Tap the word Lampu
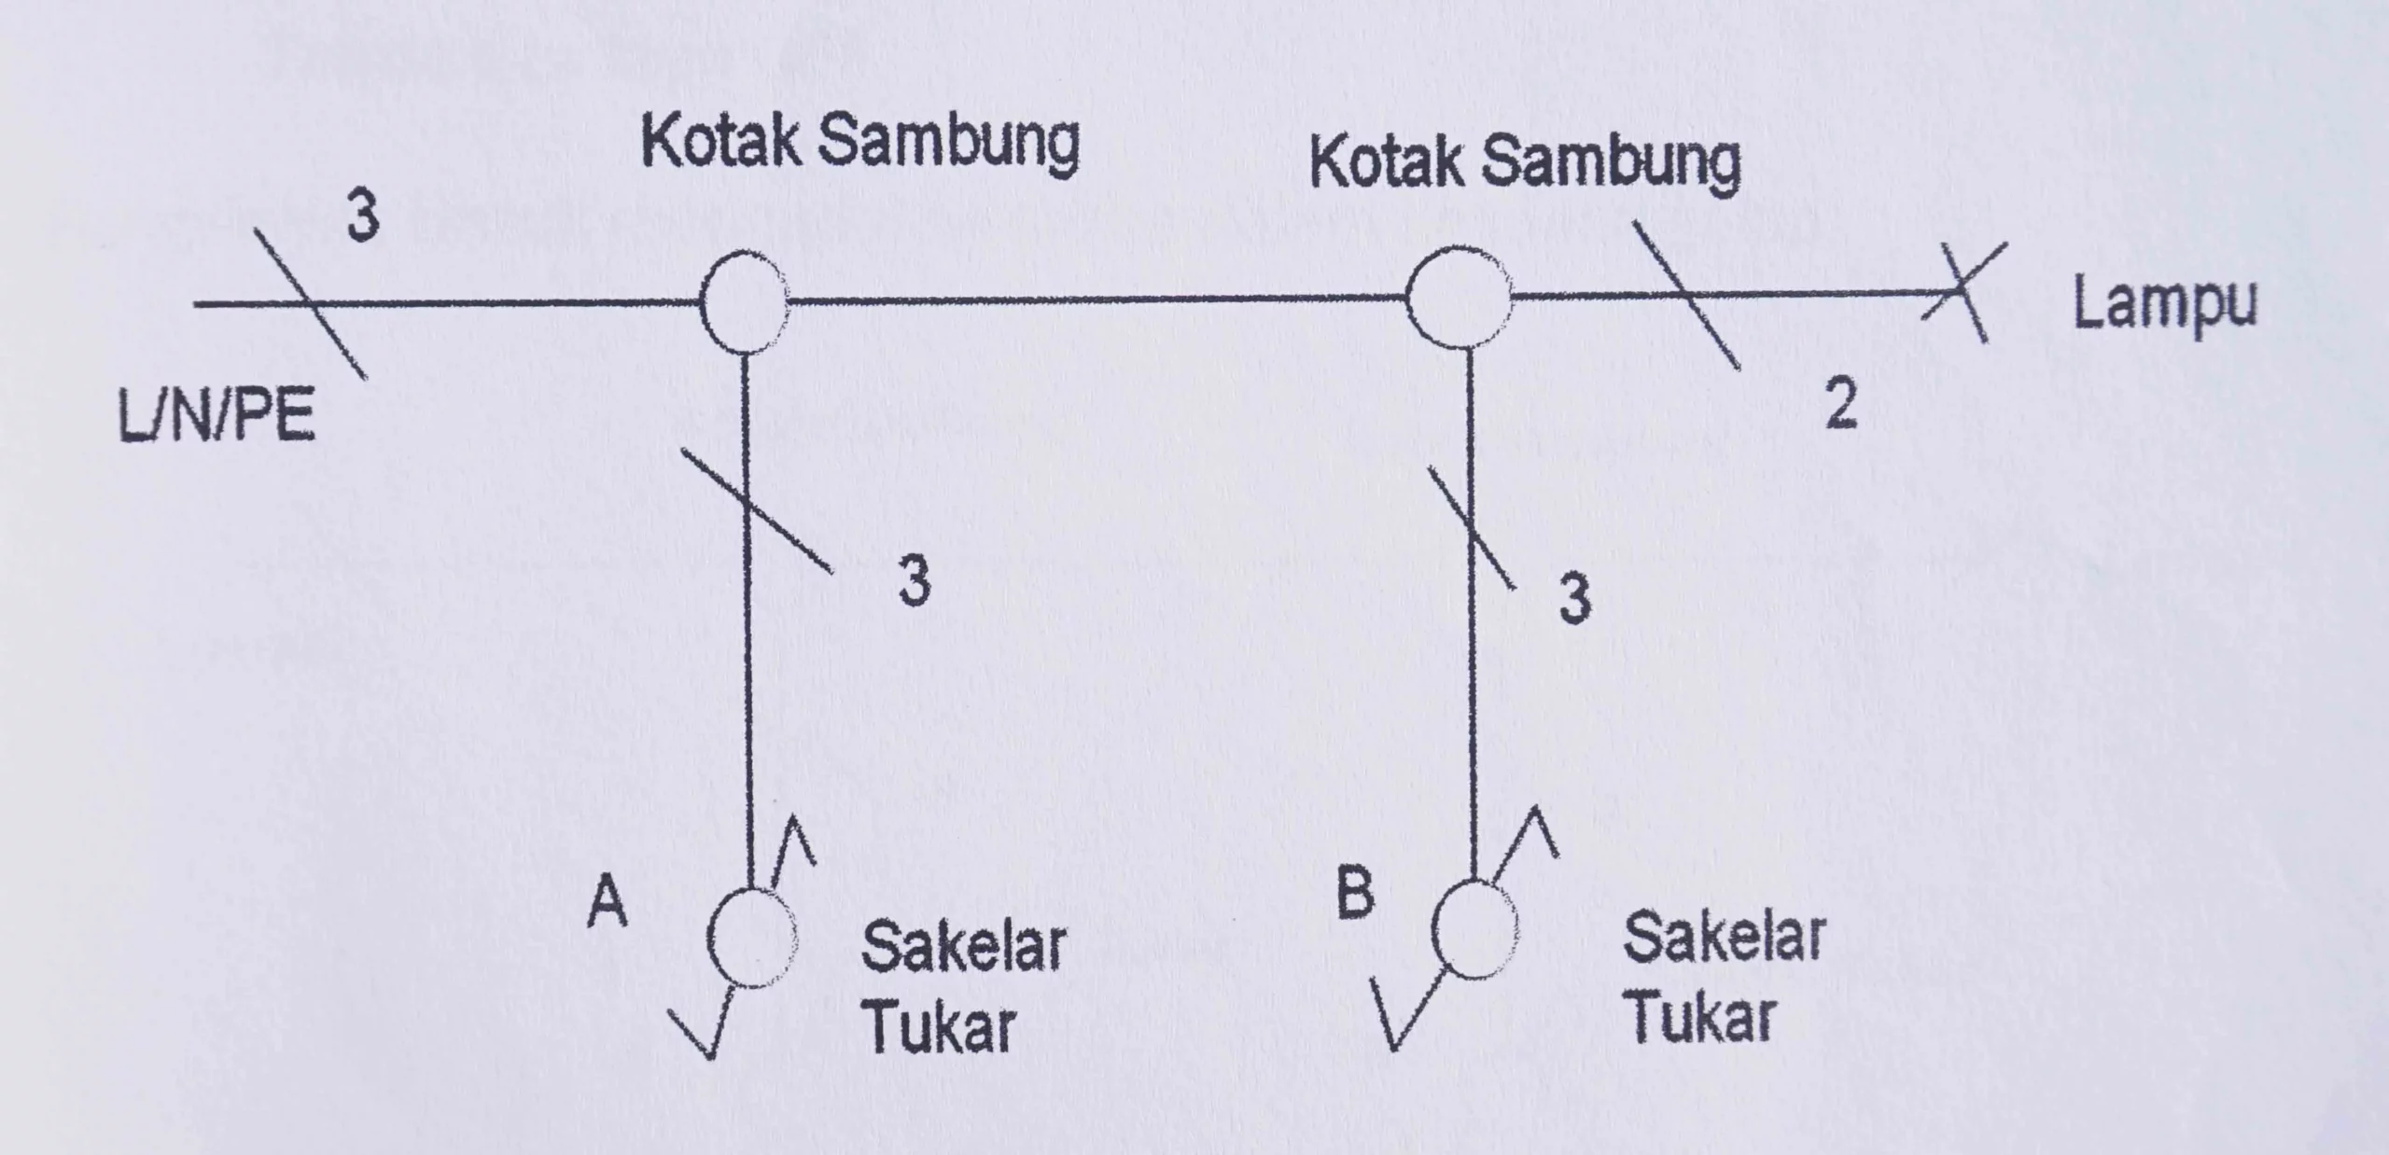coord(2164,304)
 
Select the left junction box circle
coord(744,301)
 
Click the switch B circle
coord(1474,930)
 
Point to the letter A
coord(608,903)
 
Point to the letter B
coord(1355,890)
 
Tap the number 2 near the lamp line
coord(1840,406)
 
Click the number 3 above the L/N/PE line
coord(362,216)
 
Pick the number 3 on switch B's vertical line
coord(1574,597)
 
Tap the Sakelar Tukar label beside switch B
coord(1723,977)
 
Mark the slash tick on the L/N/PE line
coord(311,303)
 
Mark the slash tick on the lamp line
coord(1685,296)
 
